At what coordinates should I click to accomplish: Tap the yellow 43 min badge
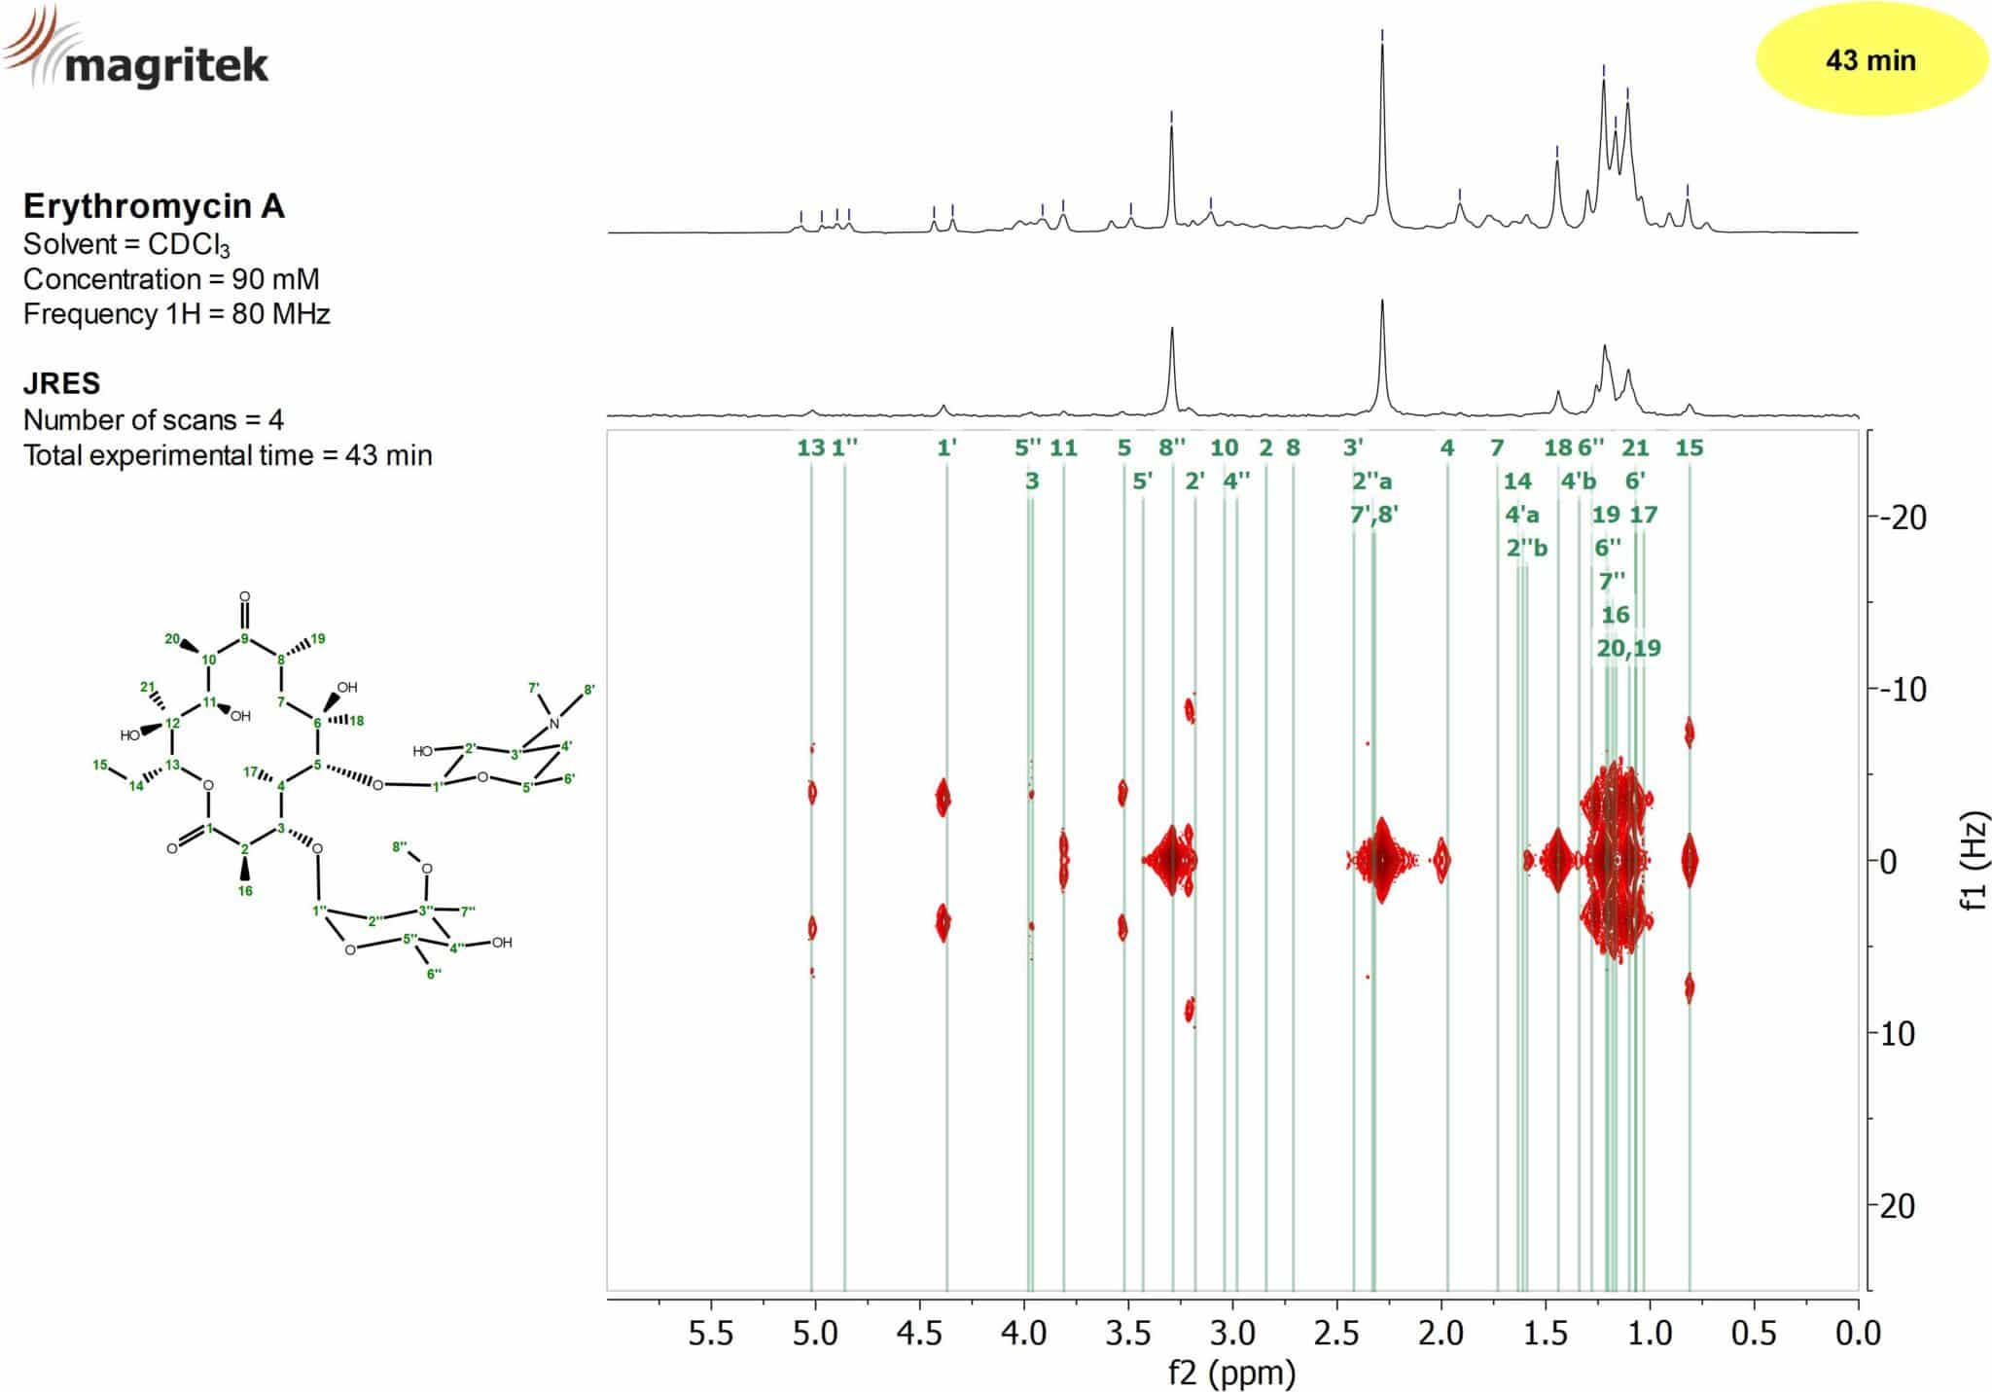[x=1869, y=60]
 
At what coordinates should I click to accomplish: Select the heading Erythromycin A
[x=154, y=206]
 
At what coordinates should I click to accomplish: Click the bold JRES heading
[x=61, y=383]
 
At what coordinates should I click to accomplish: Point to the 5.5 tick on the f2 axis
[x=711, y=1333]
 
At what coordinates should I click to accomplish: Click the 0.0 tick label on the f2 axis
[x=1857, y=1333]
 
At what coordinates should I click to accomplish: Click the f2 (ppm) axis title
[x=1231, y=1373]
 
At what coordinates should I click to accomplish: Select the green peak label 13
[x=810, y=447]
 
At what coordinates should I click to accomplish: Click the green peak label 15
[x=1690, y=447]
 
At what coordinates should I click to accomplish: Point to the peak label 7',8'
[x=1373, y=515]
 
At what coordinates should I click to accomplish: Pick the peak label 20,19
[x=1628, y=648]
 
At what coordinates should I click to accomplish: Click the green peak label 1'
[x=946, y=447]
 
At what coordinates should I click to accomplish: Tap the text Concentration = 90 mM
[x=171, y=279]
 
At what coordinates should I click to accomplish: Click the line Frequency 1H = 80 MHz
[x=176, y=314]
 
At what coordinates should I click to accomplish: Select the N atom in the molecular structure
[x=554, y=724]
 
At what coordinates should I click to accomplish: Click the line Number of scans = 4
[x=154, y=420]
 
